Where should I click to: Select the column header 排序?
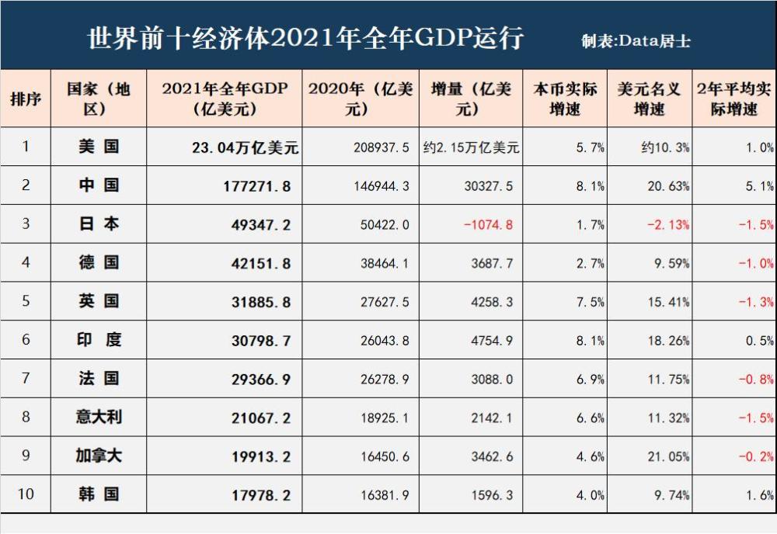pyautogui.click(x=26, y=99)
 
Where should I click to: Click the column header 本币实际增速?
pyautogui.click(x=565, y=99)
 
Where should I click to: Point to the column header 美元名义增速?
pyautogui.click(x=649, y=99)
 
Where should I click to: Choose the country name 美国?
pyautogui.click(x=99, y=147)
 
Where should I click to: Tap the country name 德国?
pyautogui.click(x=99, y=263)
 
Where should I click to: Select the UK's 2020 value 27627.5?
pyautogui.click(x=383, y=302)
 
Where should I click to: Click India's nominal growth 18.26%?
pyautogui.click(x=668, y=341)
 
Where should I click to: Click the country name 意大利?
pyautogui.click(x=99, y=418)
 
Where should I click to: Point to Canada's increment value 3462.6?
pyautogui.click(x=492, y=456)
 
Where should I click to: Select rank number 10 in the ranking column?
pyautogui.click(x=26, y=494)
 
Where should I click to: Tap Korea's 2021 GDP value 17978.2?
pyautogui.click(x=261, y=495)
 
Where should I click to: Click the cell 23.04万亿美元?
pyautogui.click(x=245, y=147)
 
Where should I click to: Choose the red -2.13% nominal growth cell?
pyautogui.click(x=668, y=225)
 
